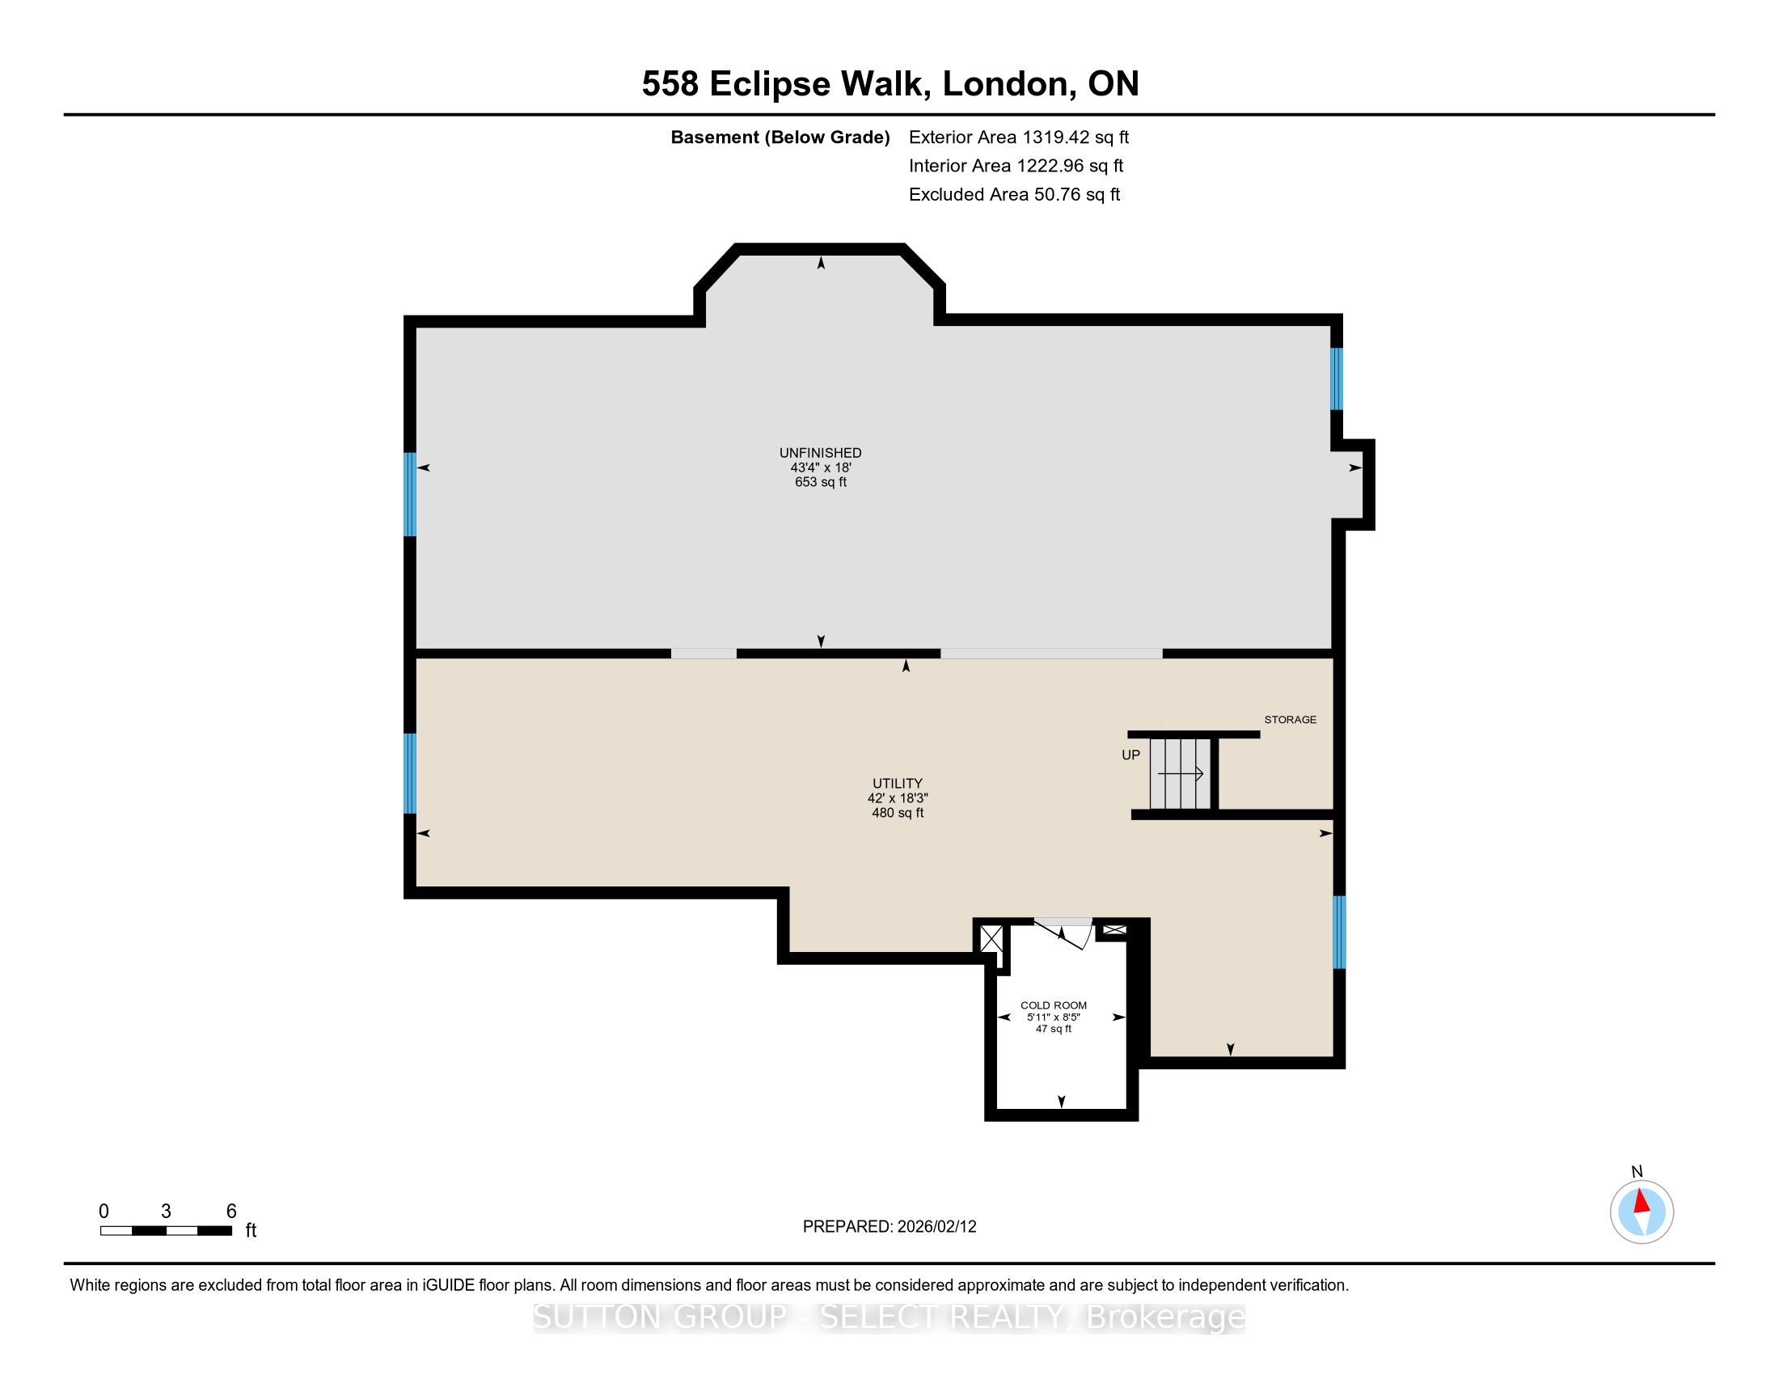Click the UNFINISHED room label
pos(820,453)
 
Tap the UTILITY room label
pos(898,784)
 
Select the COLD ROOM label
pos(1053,1005)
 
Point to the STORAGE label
pos(1291,719)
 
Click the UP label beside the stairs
pos(1130,755)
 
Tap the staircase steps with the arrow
pos(1181,773)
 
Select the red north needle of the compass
pos(1642,1202)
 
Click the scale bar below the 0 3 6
pos(166,1231)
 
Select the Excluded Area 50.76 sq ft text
pos(1014,195)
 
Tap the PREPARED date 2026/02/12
pos(936,1227)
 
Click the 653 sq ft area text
pos(820,482)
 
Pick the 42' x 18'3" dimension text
pos(898,798)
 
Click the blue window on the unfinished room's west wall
pos(411,494)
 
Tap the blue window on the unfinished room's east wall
pos(1337,379)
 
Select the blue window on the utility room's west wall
pos(411,774)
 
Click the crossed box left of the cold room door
pos(991,938)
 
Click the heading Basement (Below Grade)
pos(780,137)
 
